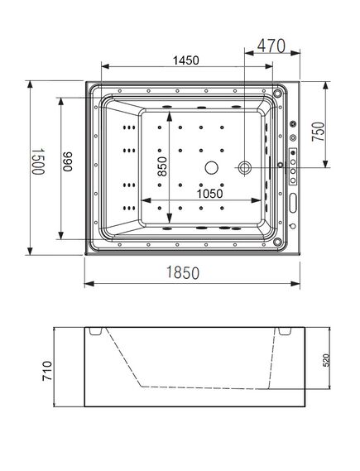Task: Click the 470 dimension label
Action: point(271,46)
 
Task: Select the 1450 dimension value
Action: point(186,60)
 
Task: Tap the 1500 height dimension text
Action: point(38,161)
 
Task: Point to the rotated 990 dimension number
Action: point(68,161)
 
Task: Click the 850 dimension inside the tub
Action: point(162,166)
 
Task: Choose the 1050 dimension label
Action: point(210,194)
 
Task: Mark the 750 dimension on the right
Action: point(319,132)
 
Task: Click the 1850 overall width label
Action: point(183,272)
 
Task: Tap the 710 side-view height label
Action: point(47,371)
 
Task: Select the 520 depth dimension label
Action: point(326,360)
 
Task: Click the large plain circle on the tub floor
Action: point(211,167)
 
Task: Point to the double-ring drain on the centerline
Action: point(245,167)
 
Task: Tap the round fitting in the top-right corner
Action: point(277,93)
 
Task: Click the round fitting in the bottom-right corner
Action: point(277,241)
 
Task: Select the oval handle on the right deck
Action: point(293,203)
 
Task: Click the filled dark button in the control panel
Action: point(293,153)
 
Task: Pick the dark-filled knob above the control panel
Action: point(293,124)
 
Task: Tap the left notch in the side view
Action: point(96,331)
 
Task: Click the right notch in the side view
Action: point(285,331)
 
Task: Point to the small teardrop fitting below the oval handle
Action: point(293,226)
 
